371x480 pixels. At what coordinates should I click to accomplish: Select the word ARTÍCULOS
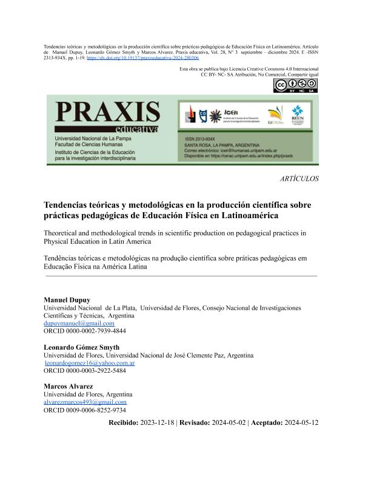coord(299,179)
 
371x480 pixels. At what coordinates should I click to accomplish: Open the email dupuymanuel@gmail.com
coord(79,324)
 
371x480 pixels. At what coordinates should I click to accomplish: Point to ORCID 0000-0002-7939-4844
coord(85,332)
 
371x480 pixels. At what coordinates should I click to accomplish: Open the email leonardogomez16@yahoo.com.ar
coord(90,362)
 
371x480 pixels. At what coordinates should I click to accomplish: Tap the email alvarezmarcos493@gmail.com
coord(85,402)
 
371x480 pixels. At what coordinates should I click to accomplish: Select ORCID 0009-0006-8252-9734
coord(85,410)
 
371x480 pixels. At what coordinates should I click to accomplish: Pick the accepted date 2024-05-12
coord(301,422)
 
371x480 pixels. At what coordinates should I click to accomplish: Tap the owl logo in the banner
coord(203,114)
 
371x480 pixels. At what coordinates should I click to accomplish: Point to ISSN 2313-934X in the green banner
coord(203,139)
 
